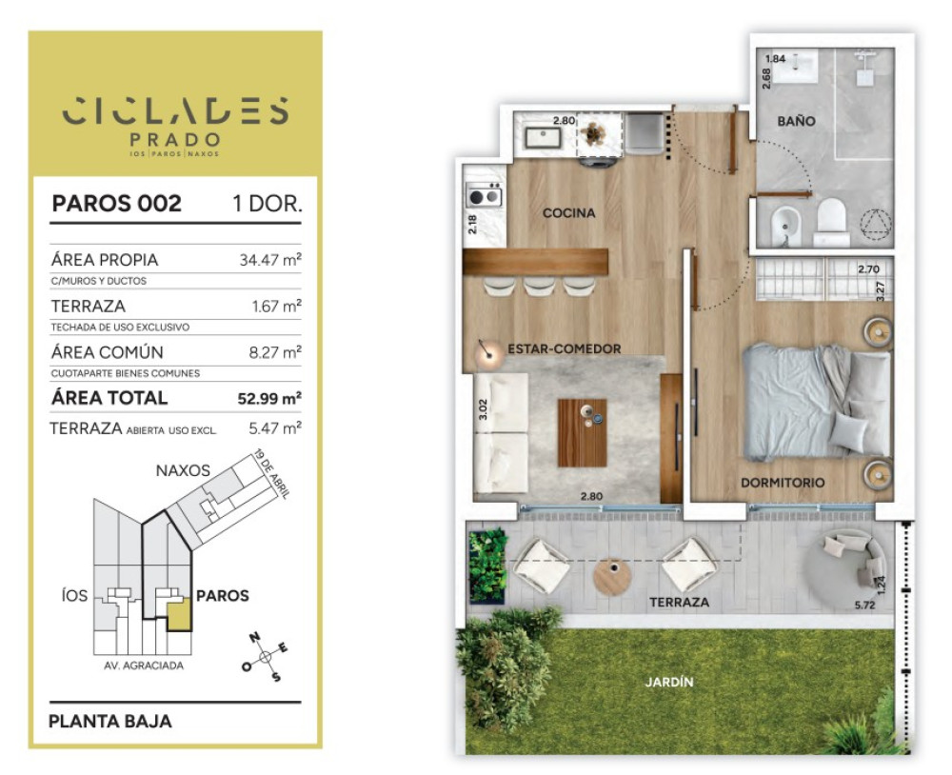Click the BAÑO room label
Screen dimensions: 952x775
[796, 121]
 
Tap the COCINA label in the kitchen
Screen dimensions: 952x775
[568, 212]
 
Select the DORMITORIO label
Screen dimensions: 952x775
[783, 483]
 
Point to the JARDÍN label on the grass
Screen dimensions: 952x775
[668, 682]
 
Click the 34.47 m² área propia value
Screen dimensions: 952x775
[270, 260]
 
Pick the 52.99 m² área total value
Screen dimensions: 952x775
[269, 398]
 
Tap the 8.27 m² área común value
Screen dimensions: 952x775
[275, 352]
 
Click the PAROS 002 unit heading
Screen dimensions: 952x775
[116, 204]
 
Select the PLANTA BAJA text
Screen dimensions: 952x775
[109, 721]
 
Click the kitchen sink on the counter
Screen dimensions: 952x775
[543, 138]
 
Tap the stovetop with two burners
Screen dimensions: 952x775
[484, 196]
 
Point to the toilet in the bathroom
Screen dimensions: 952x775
[831, 222]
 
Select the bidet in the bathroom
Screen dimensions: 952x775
[786, 226]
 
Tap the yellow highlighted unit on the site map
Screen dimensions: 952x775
[180, 614]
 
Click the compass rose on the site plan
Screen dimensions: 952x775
[265, 657]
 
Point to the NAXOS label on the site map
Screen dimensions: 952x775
[183, 470]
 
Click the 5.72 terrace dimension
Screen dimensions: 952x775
[864, 605]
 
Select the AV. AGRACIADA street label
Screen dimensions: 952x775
[144, 666]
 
